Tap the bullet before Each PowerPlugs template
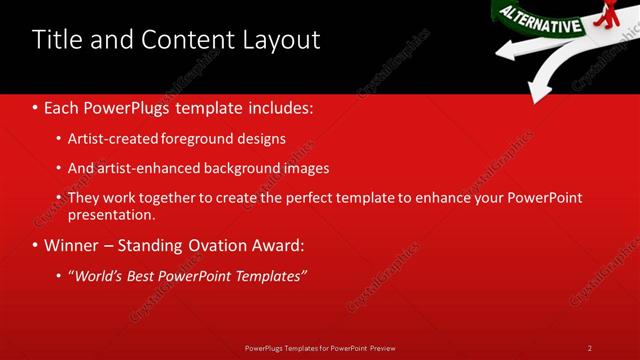[36, 105]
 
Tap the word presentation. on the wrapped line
[111, 214]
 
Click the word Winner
[73, 245]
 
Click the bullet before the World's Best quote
[59, 275]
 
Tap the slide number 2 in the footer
[590, 348]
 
